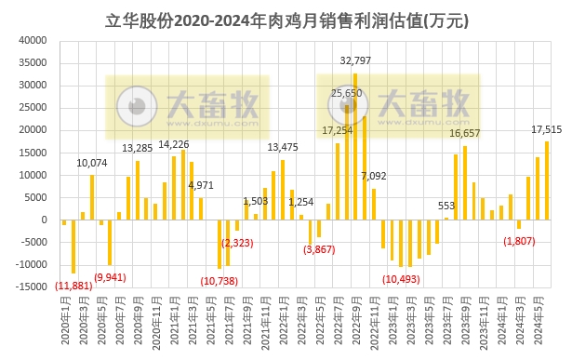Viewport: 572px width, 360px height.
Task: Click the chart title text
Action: tap(286, 20)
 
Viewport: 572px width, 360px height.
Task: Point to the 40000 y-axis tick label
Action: tap(32, 40)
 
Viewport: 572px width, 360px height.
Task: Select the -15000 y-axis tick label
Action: tap(30, 287)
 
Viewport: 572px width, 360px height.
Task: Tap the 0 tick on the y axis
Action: tap(44, 220)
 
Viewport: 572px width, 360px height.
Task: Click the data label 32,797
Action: tap(356, 61)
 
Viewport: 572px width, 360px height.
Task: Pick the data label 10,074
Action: tap(92, 163)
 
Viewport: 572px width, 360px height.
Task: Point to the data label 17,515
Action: tap(547, 129)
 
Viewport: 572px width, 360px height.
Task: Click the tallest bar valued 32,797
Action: tap(355, 146)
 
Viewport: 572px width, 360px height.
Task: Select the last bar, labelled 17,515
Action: tap(547, 180)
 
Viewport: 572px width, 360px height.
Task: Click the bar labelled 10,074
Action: tap(92, 197)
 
